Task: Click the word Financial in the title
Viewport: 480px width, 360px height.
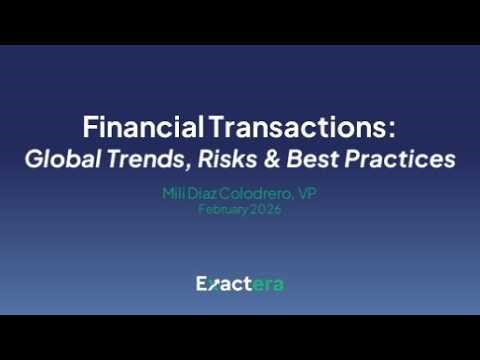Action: [x=143, y=128]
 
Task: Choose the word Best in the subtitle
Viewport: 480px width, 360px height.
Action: [x=307, y=158]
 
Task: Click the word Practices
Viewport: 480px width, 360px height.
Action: [x=397, y=158]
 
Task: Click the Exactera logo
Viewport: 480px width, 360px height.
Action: [x=240, y=284]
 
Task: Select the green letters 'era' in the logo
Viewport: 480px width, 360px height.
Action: [x=268, y=285]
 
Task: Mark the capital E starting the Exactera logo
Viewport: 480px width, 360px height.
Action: [x=201, y=284]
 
